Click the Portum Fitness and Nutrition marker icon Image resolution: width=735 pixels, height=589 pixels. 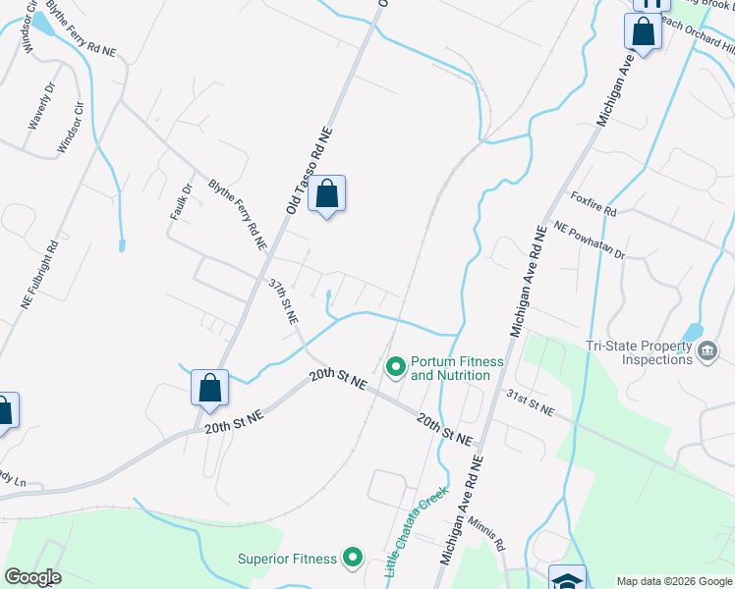[x=396, y=367]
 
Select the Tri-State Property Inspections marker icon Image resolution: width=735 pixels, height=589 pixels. [x=707, y=351]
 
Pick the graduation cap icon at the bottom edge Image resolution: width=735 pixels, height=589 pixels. [x=566, y=579]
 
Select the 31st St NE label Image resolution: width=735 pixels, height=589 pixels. [x=531, y=401]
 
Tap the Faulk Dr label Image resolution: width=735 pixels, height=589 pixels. [x=180, y=201]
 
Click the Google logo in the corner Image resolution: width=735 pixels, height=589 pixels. [x=32, y=577]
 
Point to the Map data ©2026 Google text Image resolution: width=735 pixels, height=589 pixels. [x=674, y=580]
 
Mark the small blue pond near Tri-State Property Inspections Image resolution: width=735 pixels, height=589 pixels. [x=692, y=333]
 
